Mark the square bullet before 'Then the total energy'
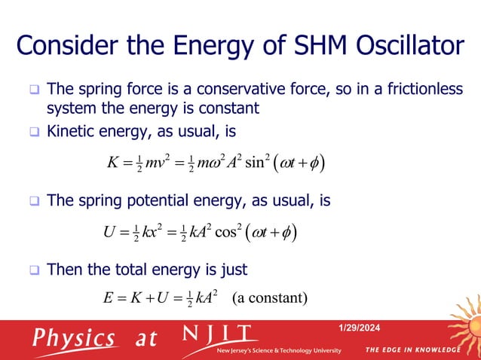33,270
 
